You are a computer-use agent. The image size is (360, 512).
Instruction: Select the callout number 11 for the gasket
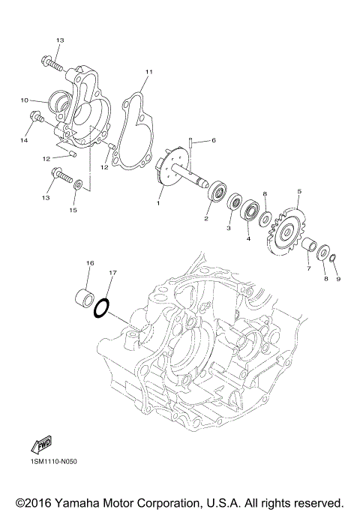coord(148,71)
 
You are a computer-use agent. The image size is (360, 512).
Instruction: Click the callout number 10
coord(24,100)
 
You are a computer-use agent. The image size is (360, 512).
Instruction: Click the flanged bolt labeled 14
coord(37,117)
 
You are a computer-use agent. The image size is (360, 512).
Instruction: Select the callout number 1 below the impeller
coord(158,202)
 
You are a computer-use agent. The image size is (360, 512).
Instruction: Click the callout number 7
coord(307,268)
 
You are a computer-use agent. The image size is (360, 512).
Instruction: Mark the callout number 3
coord(229,227)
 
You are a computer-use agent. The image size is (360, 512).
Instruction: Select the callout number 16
coord(89,263)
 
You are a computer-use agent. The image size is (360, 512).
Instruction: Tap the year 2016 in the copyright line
coord(39,501)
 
